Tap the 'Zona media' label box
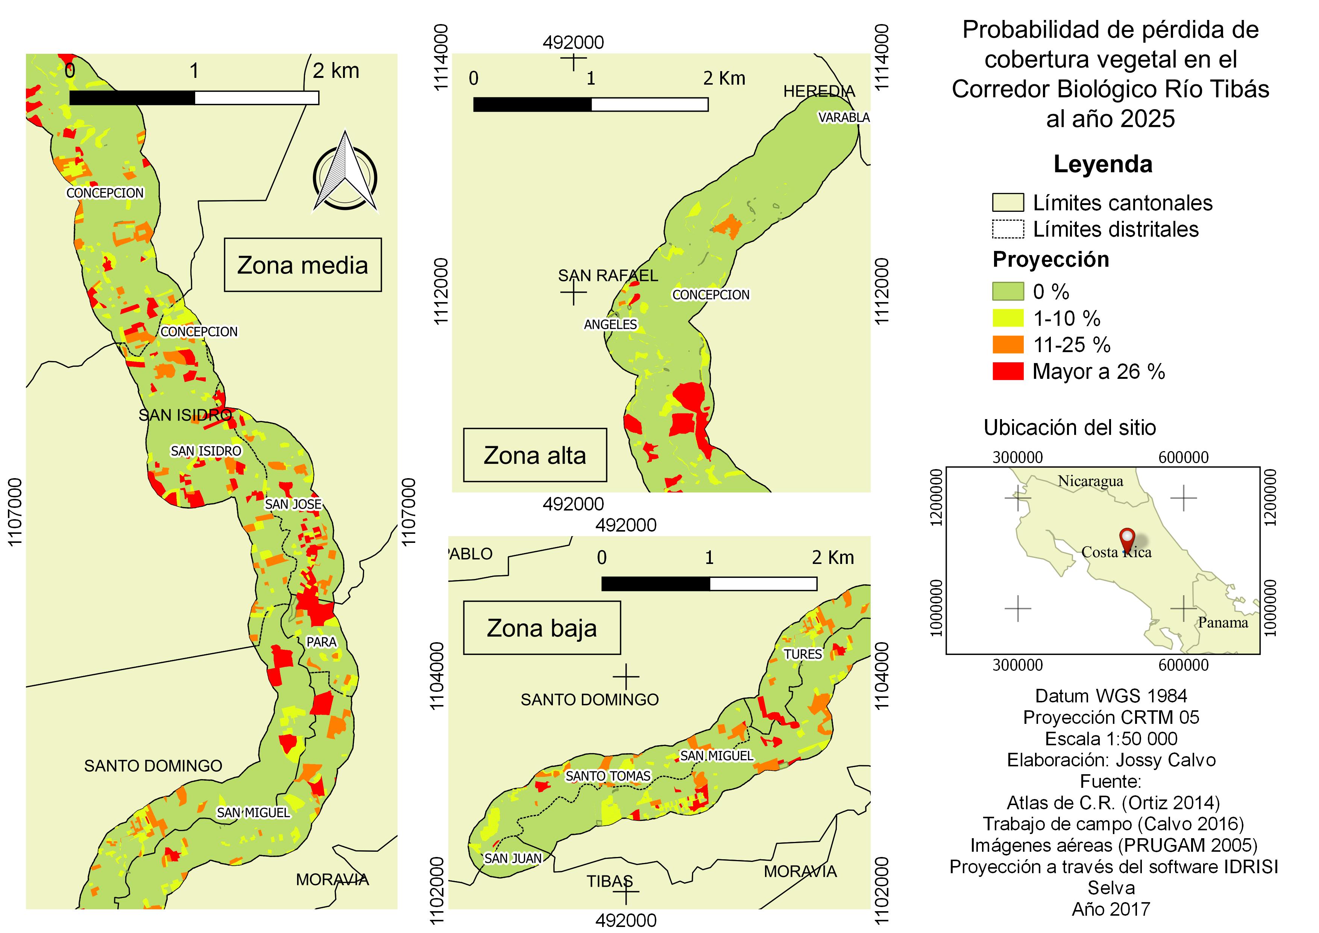click(303, 265)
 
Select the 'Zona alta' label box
click(535, 455)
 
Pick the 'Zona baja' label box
click(542, 628)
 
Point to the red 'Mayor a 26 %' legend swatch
click(1008, 371)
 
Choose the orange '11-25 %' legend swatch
click(1008, 345)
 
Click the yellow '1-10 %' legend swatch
click(1008, 318)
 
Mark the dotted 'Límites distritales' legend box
click(1008, 229)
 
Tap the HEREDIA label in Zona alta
click(819, 91)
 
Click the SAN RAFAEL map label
click(608, 276)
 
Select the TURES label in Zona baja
click(803, 654)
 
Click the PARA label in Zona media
click(321, 642)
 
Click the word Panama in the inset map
click(1222, 623)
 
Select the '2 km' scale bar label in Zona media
click(336, 71)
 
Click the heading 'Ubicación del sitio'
click(1070, 427)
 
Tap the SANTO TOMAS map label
click(608, 776)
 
